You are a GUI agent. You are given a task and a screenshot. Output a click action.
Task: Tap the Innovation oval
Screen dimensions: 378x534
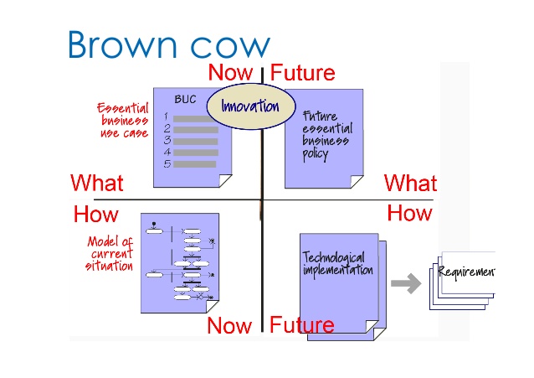click(249, 107)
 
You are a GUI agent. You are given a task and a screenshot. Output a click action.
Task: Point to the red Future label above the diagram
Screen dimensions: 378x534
click(302, 73)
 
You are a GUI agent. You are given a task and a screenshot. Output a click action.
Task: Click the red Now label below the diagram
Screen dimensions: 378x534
click(229, 324)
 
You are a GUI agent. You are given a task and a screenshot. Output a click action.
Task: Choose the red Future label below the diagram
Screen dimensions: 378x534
click(302, 324)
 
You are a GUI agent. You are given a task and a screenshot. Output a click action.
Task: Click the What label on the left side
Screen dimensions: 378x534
click(97, 183)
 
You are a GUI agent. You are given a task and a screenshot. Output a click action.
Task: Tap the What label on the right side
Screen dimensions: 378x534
click(410, 183)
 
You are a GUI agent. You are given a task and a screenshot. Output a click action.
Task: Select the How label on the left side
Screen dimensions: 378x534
click(96, 214)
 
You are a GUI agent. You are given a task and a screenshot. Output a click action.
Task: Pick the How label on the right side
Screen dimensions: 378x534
click(409, 213)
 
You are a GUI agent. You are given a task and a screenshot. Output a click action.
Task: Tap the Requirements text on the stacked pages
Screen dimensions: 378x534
click(466, 272)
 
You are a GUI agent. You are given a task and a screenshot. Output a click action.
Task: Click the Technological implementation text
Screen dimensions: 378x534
click(337, 264)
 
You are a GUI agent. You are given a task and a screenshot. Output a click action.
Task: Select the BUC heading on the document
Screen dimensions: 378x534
click(185, 99)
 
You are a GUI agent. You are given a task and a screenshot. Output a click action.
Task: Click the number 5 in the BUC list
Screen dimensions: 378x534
click(167, 164)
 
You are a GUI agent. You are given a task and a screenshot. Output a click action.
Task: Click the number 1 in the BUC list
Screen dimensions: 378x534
click(167, 117)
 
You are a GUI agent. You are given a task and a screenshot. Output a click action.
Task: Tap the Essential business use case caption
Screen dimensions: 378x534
click(123, 121)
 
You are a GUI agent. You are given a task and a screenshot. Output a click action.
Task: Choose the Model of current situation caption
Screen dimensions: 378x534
click(110, 254)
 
